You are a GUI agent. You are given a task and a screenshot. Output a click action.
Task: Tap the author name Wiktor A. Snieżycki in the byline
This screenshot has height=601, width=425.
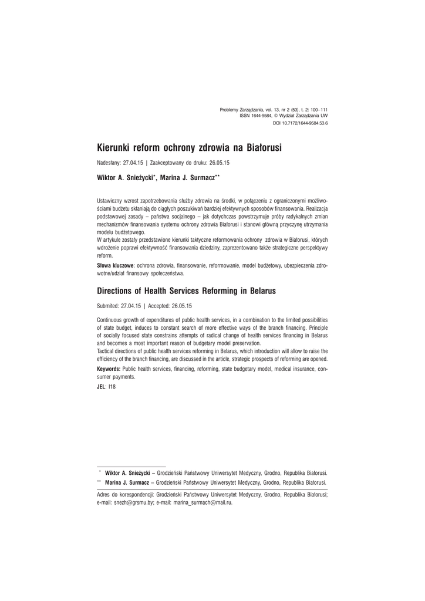[x=126, y=176]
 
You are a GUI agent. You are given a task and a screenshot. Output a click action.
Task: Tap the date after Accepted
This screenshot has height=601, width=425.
[x=182, y=306]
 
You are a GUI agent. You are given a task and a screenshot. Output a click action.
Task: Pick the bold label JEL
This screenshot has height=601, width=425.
[x=101, y=388]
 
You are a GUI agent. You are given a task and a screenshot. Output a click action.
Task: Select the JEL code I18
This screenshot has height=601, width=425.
[x=112, y=388]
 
